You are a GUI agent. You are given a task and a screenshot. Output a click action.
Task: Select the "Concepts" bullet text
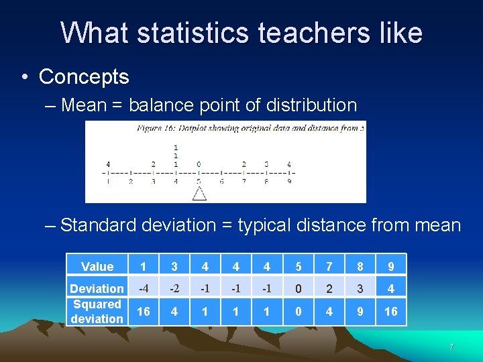point(84,76)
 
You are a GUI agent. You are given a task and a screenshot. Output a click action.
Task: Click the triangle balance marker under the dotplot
point(199,194)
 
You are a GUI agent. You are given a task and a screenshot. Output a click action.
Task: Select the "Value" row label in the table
point(97,267)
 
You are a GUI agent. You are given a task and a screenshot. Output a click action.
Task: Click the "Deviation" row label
point(97,289)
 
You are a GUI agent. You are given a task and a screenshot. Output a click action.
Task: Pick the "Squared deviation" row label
point(97,312)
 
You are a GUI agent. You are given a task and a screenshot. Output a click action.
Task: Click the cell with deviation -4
point(143,288)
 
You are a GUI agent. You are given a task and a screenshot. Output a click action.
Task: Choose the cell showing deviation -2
point(174,288)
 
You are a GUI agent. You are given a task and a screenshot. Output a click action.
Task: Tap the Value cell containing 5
point(298,267)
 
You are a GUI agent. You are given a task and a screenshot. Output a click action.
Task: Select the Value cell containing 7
point(329,267)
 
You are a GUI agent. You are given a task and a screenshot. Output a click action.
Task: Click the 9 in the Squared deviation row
point(360,312)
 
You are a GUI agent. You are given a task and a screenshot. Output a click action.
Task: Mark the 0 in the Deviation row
point(298,288)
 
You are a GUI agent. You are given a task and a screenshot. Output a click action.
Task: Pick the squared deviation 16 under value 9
point(391,312)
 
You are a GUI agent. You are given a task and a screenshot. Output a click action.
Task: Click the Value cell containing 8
point(360,267)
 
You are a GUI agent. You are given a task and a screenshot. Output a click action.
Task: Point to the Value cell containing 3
point(174,267)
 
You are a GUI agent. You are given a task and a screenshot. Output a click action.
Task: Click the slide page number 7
point(451,347)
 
